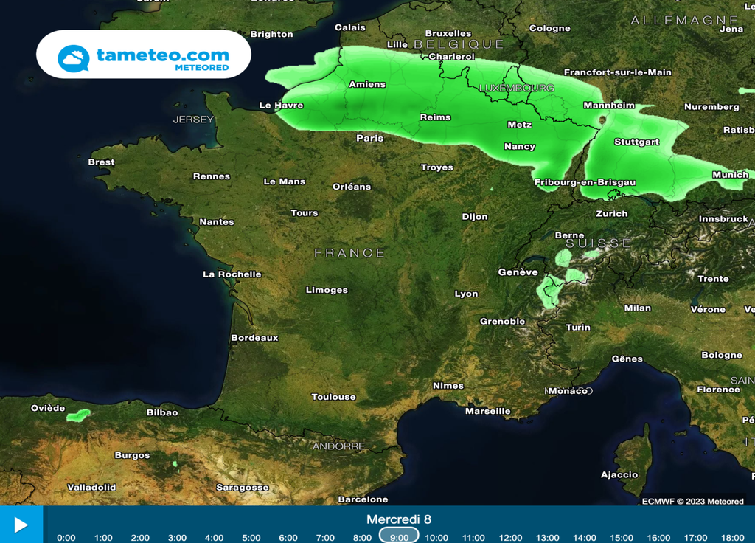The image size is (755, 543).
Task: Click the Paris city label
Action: click(369, 138)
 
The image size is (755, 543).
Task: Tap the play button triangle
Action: click(21, 525)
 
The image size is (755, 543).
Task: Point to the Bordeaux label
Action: click(254, 338)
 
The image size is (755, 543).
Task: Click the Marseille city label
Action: click(487, 411)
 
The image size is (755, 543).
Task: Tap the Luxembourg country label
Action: click(516, 88)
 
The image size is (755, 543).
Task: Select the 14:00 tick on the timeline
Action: click(585, 538)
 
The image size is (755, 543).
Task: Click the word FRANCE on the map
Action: click(349, 253)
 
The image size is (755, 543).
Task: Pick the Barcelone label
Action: click(363, 499)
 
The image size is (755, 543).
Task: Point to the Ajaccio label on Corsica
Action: click(619, 474)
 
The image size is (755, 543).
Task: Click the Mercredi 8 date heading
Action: click(399, 519)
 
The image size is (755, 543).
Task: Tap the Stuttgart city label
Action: click(636, 142)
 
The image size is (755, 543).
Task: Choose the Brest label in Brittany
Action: click(101, 162)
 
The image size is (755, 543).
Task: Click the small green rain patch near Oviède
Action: click(78, 415)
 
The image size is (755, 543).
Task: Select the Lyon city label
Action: click(466, 294)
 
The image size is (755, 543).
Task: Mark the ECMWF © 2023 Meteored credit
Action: click(692, 502)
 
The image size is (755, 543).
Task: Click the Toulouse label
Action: click(333, 397)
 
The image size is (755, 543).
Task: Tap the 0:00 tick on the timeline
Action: click(66, 538)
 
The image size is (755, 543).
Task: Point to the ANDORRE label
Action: click(338, 446)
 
